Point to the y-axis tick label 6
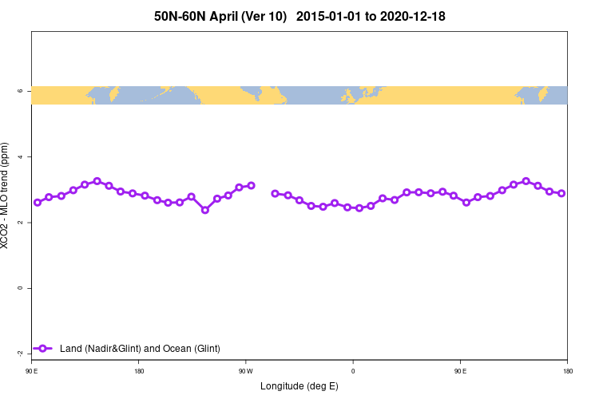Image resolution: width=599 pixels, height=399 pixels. [x=18, y=92]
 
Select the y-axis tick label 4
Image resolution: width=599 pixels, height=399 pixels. [x=18, y=157]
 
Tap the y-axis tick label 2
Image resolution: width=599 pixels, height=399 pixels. [x=18, y=223]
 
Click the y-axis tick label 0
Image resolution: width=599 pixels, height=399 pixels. [x=18, y=288]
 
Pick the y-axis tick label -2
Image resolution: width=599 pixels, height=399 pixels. [x=18, y=353]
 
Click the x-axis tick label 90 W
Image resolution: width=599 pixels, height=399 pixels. [x=246, y=371]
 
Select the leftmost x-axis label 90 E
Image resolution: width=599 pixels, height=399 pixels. [x=32, y=371]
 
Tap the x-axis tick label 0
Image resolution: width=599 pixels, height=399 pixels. [x=353, y=371]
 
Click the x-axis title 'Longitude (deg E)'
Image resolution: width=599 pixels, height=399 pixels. [x=299, y=386]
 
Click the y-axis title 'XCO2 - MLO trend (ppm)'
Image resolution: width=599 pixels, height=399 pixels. [x=7, y=196]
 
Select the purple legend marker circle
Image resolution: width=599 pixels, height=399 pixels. [x=46, y=349]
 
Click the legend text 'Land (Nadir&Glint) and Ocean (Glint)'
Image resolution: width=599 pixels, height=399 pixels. [x=140, y=349]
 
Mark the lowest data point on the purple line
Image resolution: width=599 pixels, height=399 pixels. [x=205, y=210]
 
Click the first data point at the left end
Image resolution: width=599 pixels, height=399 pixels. [x=38, y=202]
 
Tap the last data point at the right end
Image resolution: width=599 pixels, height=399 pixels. [x=561, y=193]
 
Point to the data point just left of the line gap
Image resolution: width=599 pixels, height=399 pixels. [x=251, y=185]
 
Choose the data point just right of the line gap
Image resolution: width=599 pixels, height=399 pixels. [x=276, y=193]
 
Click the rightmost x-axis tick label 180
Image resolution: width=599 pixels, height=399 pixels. [x=567, y=371]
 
